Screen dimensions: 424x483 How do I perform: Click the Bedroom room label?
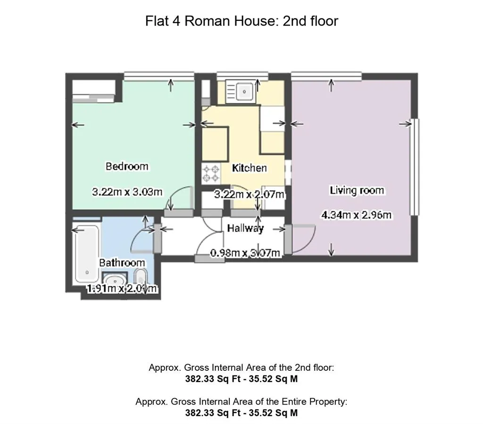[126, 166]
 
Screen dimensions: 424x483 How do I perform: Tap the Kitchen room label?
[249, 168]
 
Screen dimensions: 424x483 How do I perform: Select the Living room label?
[357, 191]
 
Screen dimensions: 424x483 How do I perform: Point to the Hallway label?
[245, 228]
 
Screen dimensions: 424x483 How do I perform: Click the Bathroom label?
[122, 263]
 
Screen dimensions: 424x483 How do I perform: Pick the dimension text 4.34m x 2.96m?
[357, 216]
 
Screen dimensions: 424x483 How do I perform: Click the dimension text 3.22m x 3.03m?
[127, 192]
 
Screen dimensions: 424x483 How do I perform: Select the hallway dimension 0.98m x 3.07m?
[246, 253]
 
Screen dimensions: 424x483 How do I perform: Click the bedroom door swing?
[182, 198]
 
